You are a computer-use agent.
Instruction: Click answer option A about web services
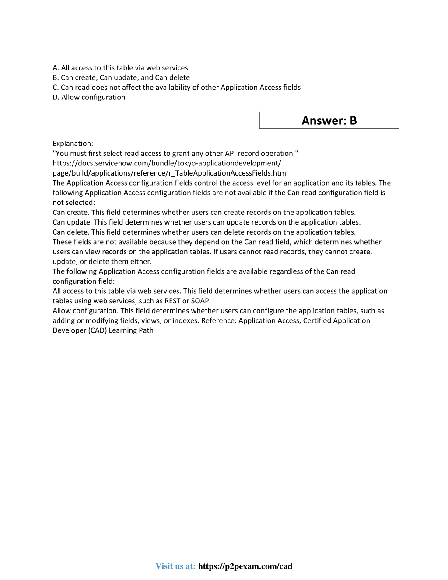pyautogui.click(x=120, y=68)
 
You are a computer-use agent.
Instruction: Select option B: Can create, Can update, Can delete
pyautogui.click(x=121, y=77)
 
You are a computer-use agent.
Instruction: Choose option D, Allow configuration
pyautogui.click(x=89, y=97)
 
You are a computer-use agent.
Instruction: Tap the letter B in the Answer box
pyautogui.click(x=353, y=120)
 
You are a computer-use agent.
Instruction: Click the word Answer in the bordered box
pyautogui.click(x=324, y=120)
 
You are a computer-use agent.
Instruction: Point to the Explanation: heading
pyautogui.click(x=73, y=144)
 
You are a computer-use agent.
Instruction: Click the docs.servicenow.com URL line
pyautogui.click(x=167, y=163)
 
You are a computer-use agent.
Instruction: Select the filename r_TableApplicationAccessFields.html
pyautogui.click(x=228, y=173)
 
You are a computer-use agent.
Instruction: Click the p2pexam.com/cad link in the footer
pyautogui.click(x=245, y=566)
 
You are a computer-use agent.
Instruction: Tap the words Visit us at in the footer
pyautogui.click(x=175, y=566)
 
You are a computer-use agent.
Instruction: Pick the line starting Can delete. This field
pyautogui.click(x=204, y=232)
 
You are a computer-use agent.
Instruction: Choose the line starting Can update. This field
pyautogui.click(x=206, y=222)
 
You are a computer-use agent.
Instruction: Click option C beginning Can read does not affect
pyautogui.click(x=176, y=88)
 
